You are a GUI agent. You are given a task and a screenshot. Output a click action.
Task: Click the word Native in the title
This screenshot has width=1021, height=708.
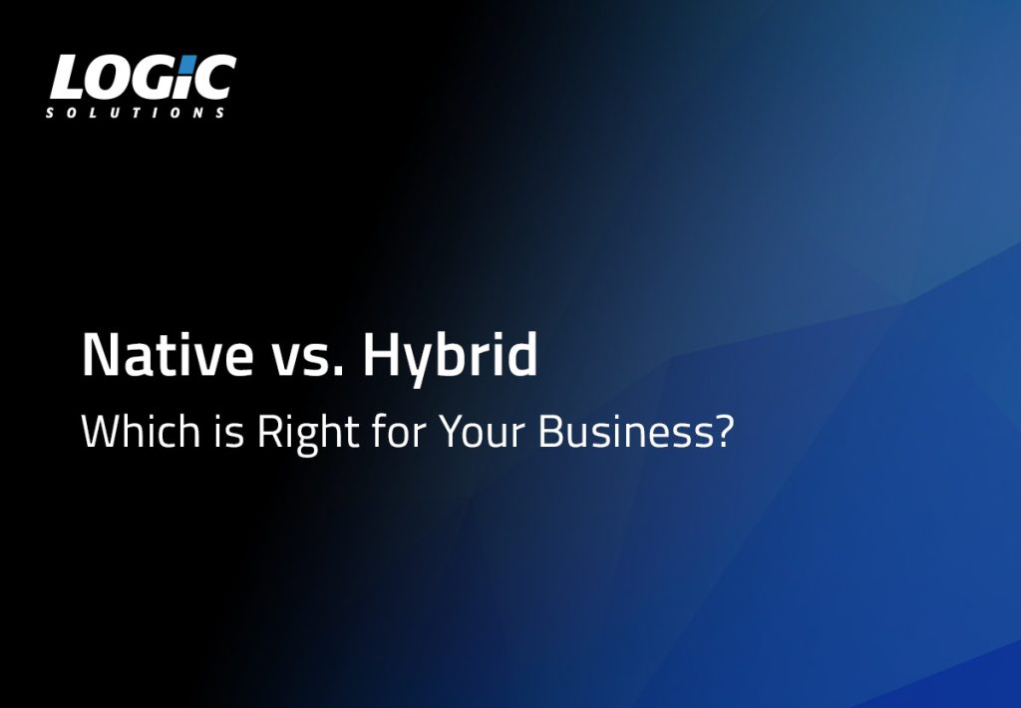tap(168, 355)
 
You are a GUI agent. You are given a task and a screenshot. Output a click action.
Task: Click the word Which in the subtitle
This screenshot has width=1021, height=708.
tap(141, 431)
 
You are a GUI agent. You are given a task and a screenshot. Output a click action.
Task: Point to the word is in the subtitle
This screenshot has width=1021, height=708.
tap(229, 432)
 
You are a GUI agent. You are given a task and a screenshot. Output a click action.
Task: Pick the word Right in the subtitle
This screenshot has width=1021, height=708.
tap(308, 434)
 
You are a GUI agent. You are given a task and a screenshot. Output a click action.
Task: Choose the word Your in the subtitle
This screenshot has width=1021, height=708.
tap(482, 431)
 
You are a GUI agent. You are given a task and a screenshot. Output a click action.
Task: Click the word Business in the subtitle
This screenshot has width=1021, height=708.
tap(626, 431)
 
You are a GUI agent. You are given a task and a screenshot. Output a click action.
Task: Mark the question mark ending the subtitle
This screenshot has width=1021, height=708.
tap(724, 431)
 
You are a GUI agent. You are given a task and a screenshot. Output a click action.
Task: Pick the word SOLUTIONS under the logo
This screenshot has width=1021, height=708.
tap(136, 113)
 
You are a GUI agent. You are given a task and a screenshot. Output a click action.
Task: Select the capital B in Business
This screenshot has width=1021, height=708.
tap(550, 431)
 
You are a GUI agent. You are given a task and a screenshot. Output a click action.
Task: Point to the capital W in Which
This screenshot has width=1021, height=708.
tap(103, 431)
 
